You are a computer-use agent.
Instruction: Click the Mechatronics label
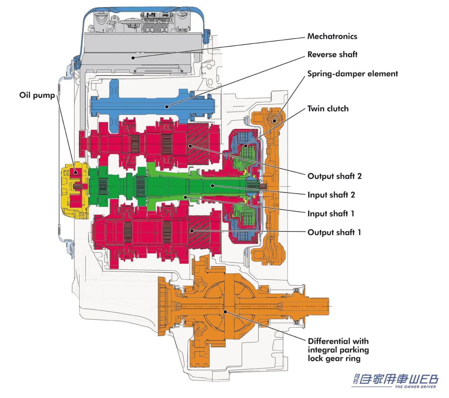click(332, 36)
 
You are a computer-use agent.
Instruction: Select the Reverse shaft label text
click(332, 55)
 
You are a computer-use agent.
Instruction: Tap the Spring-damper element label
click(353, 74)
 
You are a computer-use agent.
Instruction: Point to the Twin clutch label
click(328, 109)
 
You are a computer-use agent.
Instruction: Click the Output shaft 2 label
click(334, 176)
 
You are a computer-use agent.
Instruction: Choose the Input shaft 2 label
click(331, 195)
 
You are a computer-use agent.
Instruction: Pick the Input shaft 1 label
click(331, 214)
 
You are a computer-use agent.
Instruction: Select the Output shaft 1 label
click(334, 232)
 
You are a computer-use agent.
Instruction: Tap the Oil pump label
click(37, 95)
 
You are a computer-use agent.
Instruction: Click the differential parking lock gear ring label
click(338, 350)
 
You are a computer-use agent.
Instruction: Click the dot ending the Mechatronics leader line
click(133, 58)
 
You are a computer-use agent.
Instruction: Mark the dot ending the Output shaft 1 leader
click(192, 231)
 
